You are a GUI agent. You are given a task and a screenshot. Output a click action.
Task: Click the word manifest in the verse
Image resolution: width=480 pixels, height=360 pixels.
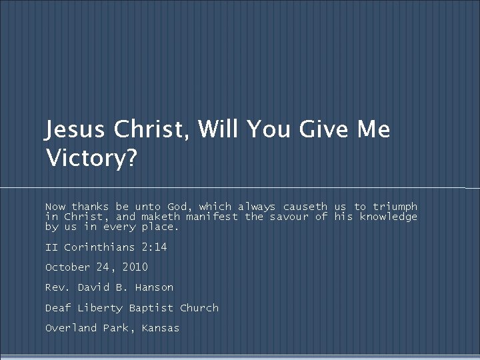[211, 217]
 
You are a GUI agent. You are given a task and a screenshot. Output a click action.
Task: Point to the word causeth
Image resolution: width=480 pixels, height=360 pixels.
[305, 207]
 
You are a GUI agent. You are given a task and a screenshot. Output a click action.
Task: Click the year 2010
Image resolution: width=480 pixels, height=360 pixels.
[135, 267]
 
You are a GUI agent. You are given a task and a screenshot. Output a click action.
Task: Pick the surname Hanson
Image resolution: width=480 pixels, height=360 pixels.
[154, 287]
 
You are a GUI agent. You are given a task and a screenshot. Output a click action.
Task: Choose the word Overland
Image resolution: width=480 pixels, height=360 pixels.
[71, 328]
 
